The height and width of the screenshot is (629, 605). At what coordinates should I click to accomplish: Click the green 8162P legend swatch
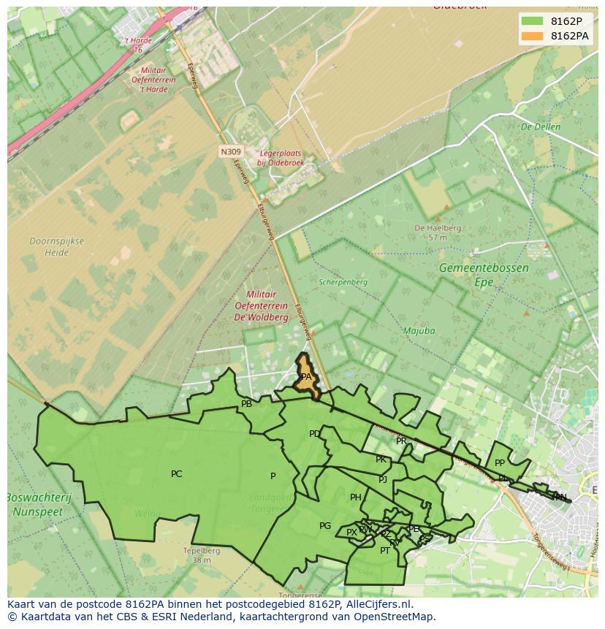tap(532, 21)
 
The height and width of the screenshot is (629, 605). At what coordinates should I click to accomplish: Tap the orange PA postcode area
tap(306, 377)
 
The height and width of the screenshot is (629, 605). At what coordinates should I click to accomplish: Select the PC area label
tap(176, 474)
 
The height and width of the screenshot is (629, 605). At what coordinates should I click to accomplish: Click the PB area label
tap(246, 404)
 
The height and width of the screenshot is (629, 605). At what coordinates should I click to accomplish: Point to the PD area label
tap(314, 434)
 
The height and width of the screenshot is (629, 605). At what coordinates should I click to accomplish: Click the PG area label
tap(325, 526)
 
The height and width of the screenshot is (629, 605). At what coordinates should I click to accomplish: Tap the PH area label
tap(355, 498)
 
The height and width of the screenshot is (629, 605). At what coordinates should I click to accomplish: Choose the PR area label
tap(401, 441)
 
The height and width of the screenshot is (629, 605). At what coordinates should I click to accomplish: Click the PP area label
tap(500, 463)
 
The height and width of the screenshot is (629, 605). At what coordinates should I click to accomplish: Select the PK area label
tap(381, 460)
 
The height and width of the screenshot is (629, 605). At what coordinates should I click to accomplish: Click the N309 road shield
tap(229, 152)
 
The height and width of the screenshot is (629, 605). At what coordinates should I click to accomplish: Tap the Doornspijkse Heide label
tap(56, 247)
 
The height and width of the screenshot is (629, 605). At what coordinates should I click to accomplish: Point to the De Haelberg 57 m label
tap(438, 232)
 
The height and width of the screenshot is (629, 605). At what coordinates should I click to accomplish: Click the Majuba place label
tap(419, 331)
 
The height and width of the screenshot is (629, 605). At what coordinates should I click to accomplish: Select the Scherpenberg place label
tap(343, 282)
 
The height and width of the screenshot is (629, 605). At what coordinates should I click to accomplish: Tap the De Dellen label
tap(540, 126)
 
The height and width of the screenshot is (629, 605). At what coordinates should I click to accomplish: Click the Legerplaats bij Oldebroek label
tap(280, 159)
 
